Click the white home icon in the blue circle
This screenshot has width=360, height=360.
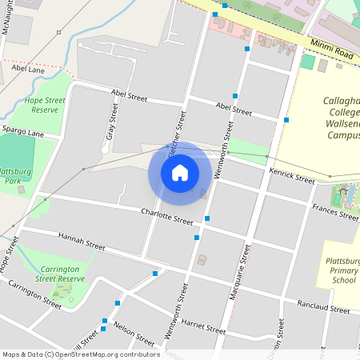(179, 172)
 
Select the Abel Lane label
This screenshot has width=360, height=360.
(29, 70)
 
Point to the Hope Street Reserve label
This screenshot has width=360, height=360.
(44, 105)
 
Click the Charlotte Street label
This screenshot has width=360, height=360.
(167, 216)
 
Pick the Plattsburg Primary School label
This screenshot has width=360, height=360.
(342, 270)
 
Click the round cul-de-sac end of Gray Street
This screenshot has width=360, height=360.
(105, 150)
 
